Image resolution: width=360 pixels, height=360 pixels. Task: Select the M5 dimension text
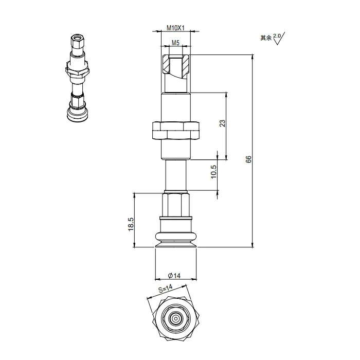[x=175, y=44]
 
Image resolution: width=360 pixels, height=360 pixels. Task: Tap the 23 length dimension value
[x=222, y=123]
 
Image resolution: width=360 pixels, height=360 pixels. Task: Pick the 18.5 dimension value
[x=131, y=225]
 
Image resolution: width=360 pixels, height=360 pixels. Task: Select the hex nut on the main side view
[x=176, y=131]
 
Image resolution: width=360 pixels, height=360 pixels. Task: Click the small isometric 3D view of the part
[x=77, y=77]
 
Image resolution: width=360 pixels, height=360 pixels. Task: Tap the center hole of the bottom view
[x=176, y=318]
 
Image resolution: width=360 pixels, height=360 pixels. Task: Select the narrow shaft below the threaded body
[x=176, y=175]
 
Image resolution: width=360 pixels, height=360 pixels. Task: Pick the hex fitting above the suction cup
[x=176, y=205]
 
